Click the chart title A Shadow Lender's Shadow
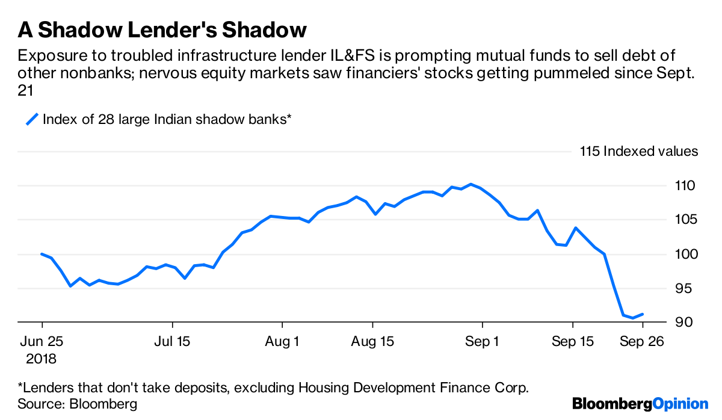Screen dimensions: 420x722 click(x=163, y=29)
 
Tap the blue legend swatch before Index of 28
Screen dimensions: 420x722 click(x=31, y=119)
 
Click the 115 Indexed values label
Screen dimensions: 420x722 click(x=639, y=151)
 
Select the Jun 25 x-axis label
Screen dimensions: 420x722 click(x=42, y=342)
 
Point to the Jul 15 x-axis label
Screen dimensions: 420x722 click(x=172, y=342)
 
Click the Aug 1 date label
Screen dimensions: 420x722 click(x=283, y=342)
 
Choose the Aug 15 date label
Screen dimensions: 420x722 click(x=372, y=342)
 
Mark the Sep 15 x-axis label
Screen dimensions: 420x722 click(x=572, y=342)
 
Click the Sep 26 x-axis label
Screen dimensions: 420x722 click(x=643, y=342)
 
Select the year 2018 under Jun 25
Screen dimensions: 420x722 click(x=42, y=359)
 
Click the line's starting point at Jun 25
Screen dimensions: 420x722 click(x=42, y=254)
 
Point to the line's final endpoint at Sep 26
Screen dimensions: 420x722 click(x=643, y=314)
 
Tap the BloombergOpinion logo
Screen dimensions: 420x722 click(x=640, y=404)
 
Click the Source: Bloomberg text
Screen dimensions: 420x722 click(x=78, y=404)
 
